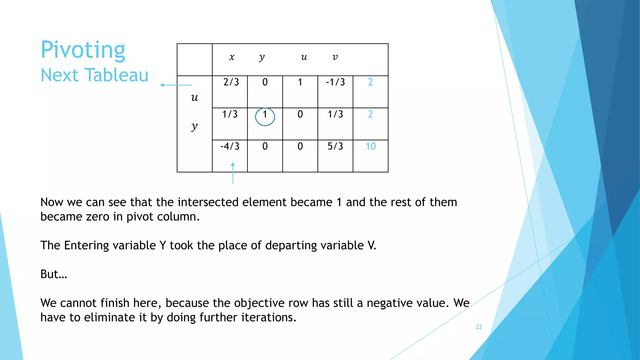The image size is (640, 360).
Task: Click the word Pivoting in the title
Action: coord(83,50)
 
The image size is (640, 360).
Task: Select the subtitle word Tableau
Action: coord(117,75)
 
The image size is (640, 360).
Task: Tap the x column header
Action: coord(232,57)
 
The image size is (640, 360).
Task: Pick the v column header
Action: coord(335,57)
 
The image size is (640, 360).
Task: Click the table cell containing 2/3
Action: coord(231,82)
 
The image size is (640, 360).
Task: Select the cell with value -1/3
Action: coord(335,82)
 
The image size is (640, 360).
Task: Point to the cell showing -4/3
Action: coord(230,146)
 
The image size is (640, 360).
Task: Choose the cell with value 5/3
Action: coord(335,146)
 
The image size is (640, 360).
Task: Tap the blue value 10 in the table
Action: coord(371,146)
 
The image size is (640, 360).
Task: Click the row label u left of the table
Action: coord(194,97)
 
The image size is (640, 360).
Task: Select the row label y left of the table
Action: coord(194,126)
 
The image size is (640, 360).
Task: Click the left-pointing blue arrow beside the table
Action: coord(176,85)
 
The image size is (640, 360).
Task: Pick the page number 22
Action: coord(479,327)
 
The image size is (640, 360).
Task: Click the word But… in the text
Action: coord(54,274)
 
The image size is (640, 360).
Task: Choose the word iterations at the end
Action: coord(268,317)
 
